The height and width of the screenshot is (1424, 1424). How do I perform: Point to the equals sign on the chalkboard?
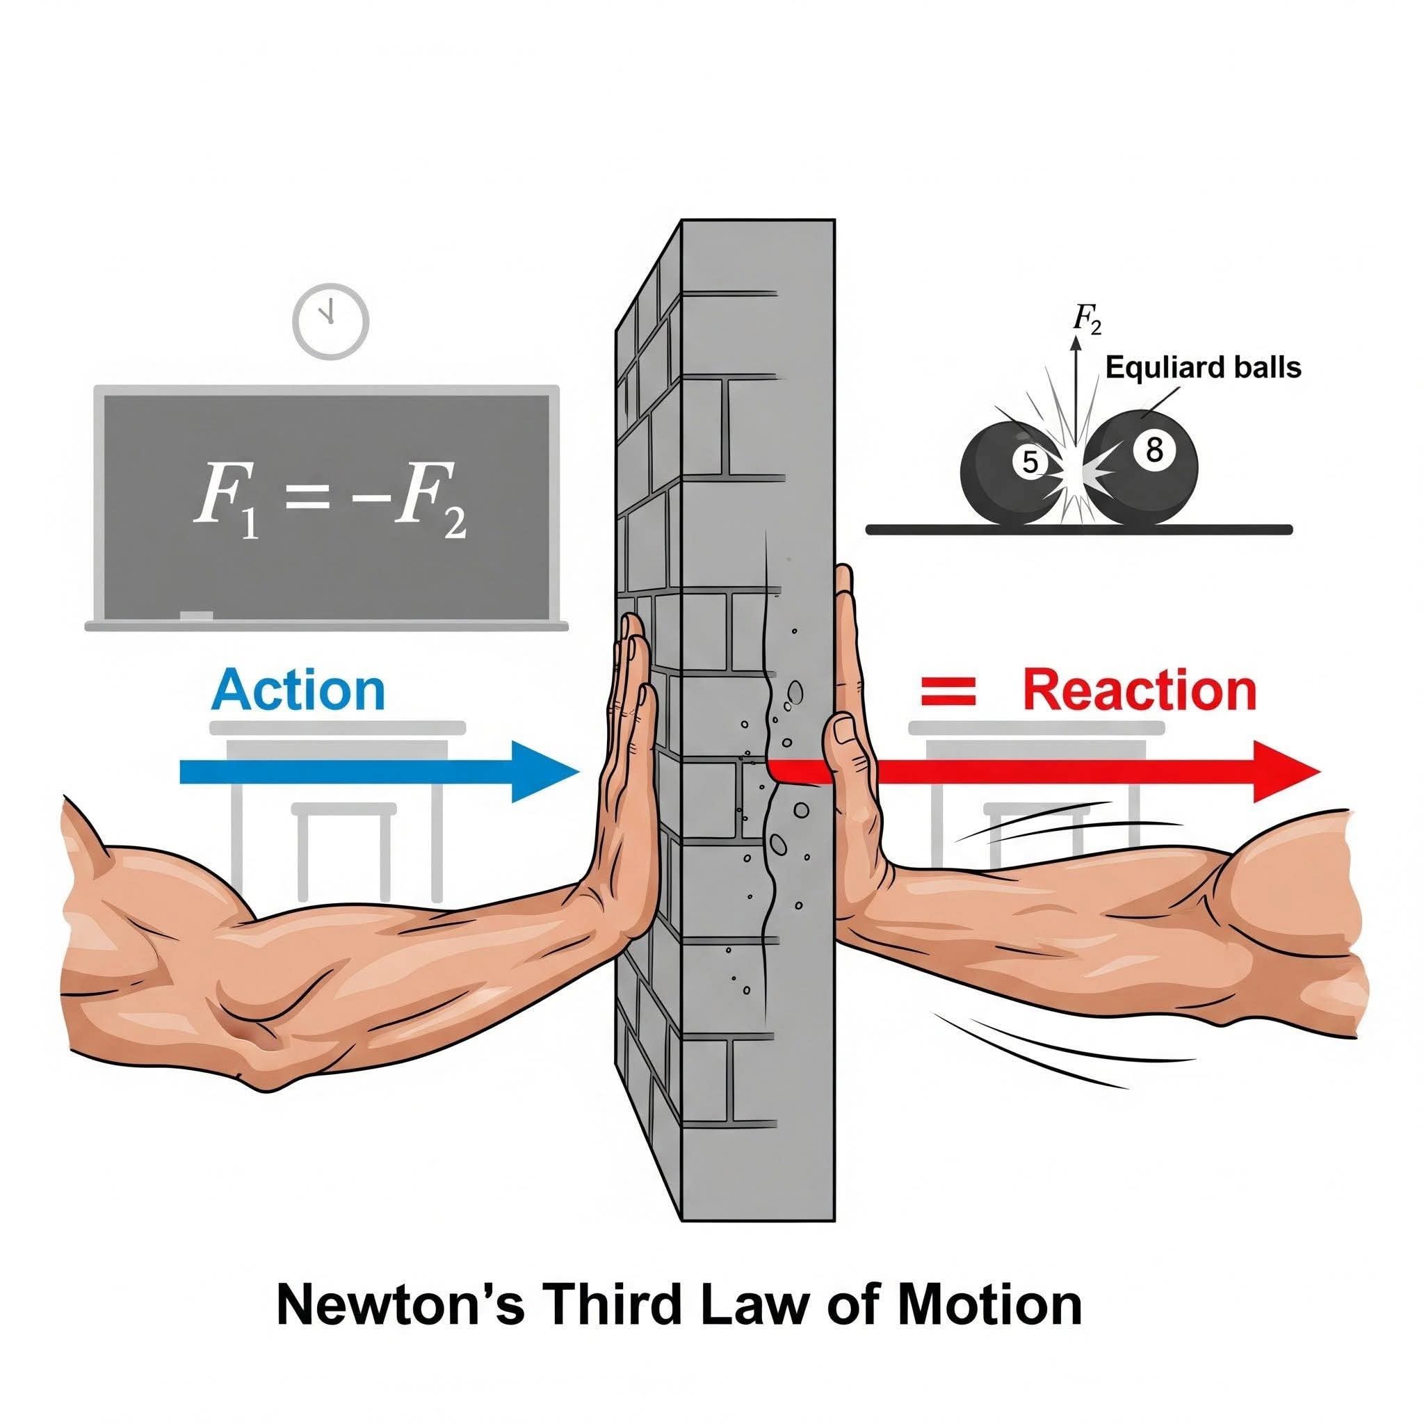click(x=309, y=501)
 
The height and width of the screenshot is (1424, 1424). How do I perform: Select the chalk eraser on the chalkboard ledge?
click(x=196, y=615)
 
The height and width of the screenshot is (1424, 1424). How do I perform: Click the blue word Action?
click(x=298, y=689)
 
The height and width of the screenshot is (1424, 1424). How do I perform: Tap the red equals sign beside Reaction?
click(x=948, y=692)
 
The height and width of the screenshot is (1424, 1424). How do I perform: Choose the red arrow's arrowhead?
click(x=1287, y=772)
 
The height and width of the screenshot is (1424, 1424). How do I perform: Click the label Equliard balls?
click(x=1204, y=366)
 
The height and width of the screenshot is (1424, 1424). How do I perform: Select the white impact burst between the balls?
click(x=1076, y=471)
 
